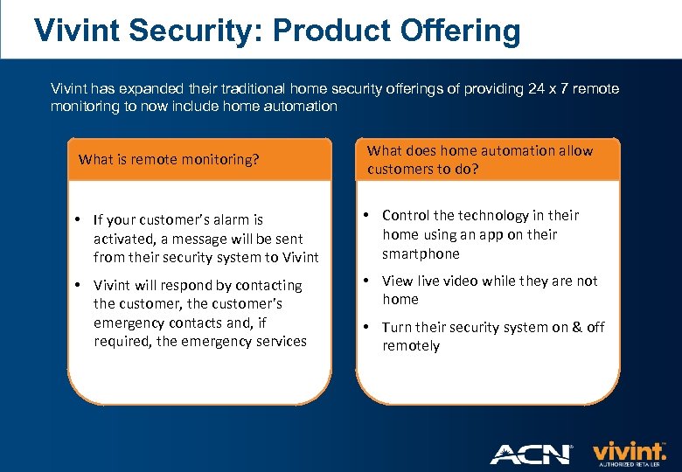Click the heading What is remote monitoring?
(169, 160)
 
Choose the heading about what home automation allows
(479, 159)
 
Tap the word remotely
(411, 345)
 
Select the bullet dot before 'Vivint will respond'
(79, 285)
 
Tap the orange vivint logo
(630, 452)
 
